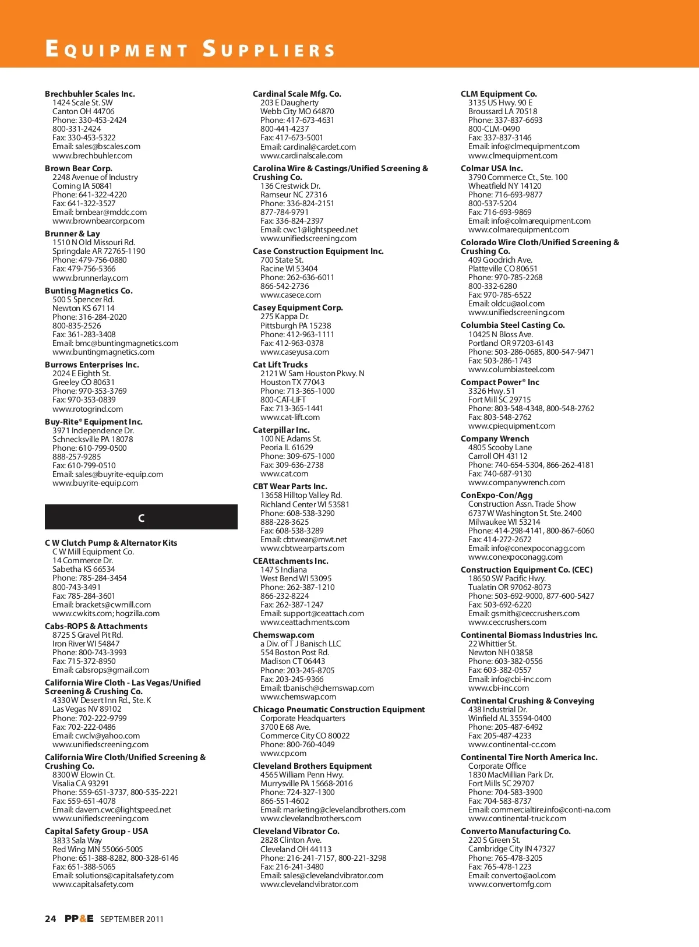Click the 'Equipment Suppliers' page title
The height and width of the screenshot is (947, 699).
coord(190,49)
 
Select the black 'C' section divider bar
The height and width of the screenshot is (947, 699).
coord(141,517)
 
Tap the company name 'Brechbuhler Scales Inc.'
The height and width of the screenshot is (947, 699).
coord(90,94)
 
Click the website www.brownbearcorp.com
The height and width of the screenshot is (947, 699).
coord(98,221)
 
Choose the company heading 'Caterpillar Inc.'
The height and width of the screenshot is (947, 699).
coord(281,430)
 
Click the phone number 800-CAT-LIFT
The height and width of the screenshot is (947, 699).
coord(283,400)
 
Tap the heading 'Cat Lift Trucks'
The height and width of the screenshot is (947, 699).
coord(280,365)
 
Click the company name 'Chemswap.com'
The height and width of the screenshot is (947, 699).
coord(283,635)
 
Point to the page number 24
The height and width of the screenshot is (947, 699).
coord(51,918)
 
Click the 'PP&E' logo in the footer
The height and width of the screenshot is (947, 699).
coord(79,918)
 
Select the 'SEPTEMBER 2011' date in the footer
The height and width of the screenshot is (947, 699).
coord(132,919)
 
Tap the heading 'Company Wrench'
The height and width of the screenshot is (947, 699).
coord(495,439)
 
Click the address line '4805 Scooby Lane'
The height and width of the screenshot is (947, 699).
coord(500,447)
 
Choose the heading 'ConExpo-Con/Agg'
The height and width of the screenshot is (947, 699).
coord(496,495)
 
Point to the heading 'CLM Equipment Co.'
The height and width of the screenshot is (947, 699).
coord(499,94)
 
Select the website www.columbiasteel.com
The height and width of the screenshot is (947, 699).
coord(511,369)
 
